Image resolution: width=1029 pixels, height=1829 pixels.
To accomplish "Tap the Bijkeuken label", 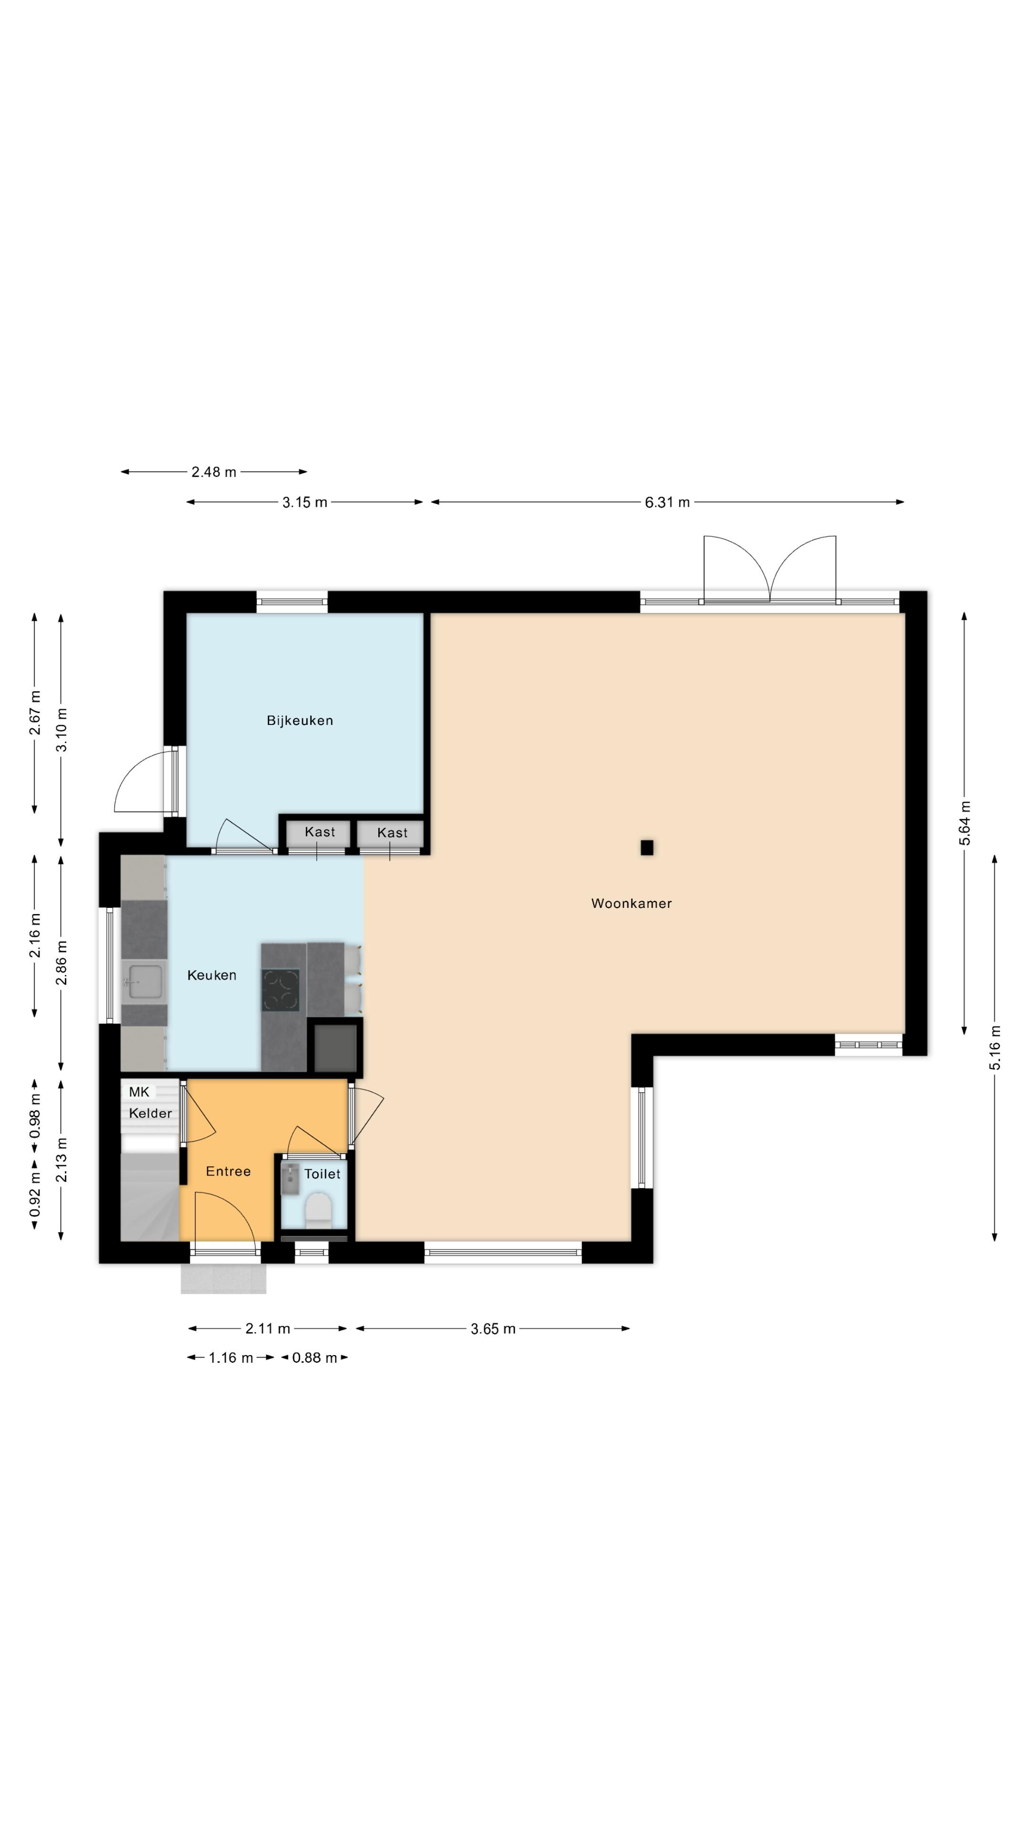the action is [300, 721].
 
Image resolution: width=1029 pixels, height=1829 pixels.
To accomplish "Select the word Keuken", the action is [212, 975].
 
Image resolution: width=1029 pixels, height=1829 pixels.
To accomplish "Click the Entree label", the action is [228, 1172].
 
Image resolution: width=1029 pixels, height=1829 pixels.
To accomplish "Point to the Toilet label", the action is [323, 1175].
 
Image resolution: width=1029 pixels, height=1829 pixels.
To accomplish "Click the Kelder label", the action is [151, 1113].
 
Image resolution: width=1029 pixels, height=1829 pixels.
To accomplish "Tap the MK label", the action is [139, 1092].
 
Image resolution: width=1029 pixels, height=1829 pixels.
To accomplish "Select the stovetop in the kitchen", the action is [281, 990].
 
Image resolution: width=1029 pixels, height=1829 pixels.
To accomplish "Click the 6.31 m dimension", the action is [667, 502].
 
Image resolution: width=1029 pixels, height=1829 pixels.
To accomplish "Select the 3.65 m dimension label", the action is [493, 1328].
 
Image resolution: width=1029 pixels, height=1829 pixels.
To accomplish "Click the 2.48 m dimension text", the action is [214, 472].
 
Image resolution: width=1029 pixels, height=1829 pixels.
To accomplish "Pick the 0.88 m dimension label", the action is [314, 1357].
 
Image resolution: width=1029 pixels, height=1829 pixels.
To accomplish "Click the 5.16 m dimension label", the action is [995, 1047].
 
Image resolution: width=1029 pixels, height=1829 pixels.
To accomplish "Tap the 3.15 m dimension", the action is [305, 502].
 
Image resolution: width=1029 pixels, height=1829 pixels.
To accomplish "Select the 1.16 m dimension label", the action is [231, 1357].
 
